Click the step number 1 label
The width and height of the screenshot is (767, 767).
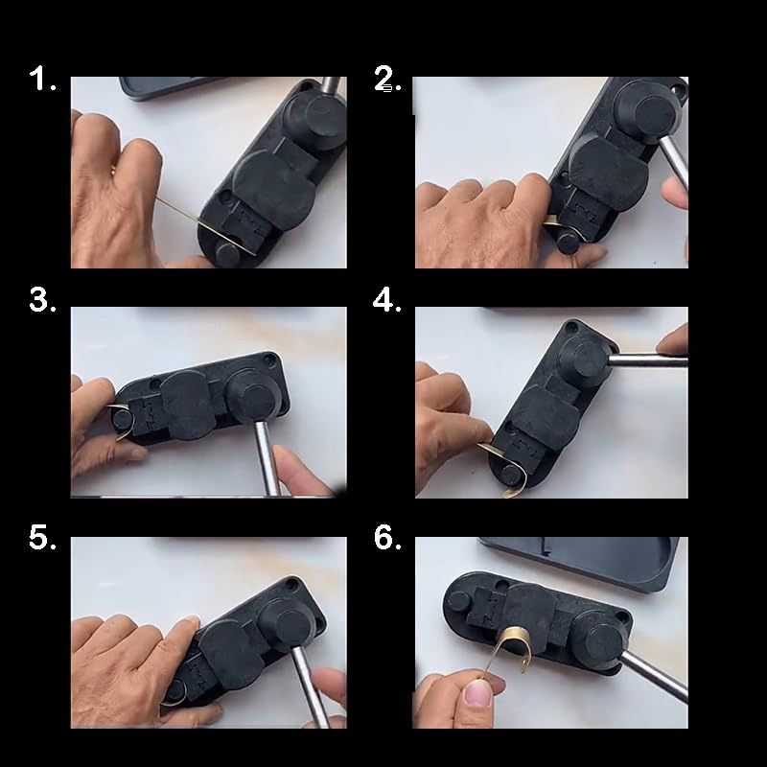pyautogui.click(x=42, y=79)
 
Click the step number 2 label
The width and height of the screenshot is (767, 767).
pyautogui.click(x=387, y=79)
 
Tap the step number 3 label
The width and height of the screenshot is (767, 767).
pyautogui.click(x=42, y=299)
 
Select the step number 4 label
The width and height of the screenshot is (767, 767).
pyautogui.click(x=387, y=299)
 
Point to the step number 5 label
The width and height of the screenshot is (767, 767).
pyautogui.click(x=42, y=537)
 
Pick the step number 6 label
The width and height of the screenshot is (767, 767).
pyautogui.click(x=387, y=537)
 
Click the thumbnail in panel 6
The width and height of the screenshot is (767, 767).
pyautogui.click(x=476, y=693)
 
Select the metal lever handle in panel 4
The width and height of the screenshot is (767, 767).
pyautogui.click(x=646, y=361)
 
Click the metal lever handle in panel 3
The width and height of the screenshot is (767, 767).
pyautogui.click(x=267, y=456)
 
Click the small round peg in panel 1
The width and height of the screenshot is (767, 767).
pyautogui.click(x=227, y=255)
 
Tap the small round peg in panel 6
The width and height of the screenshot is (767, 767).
pyautogui.click(x=459, y=601)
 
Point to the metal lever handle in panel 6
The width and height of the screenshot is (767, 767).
pyautogui.click(x=654, y=675)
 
